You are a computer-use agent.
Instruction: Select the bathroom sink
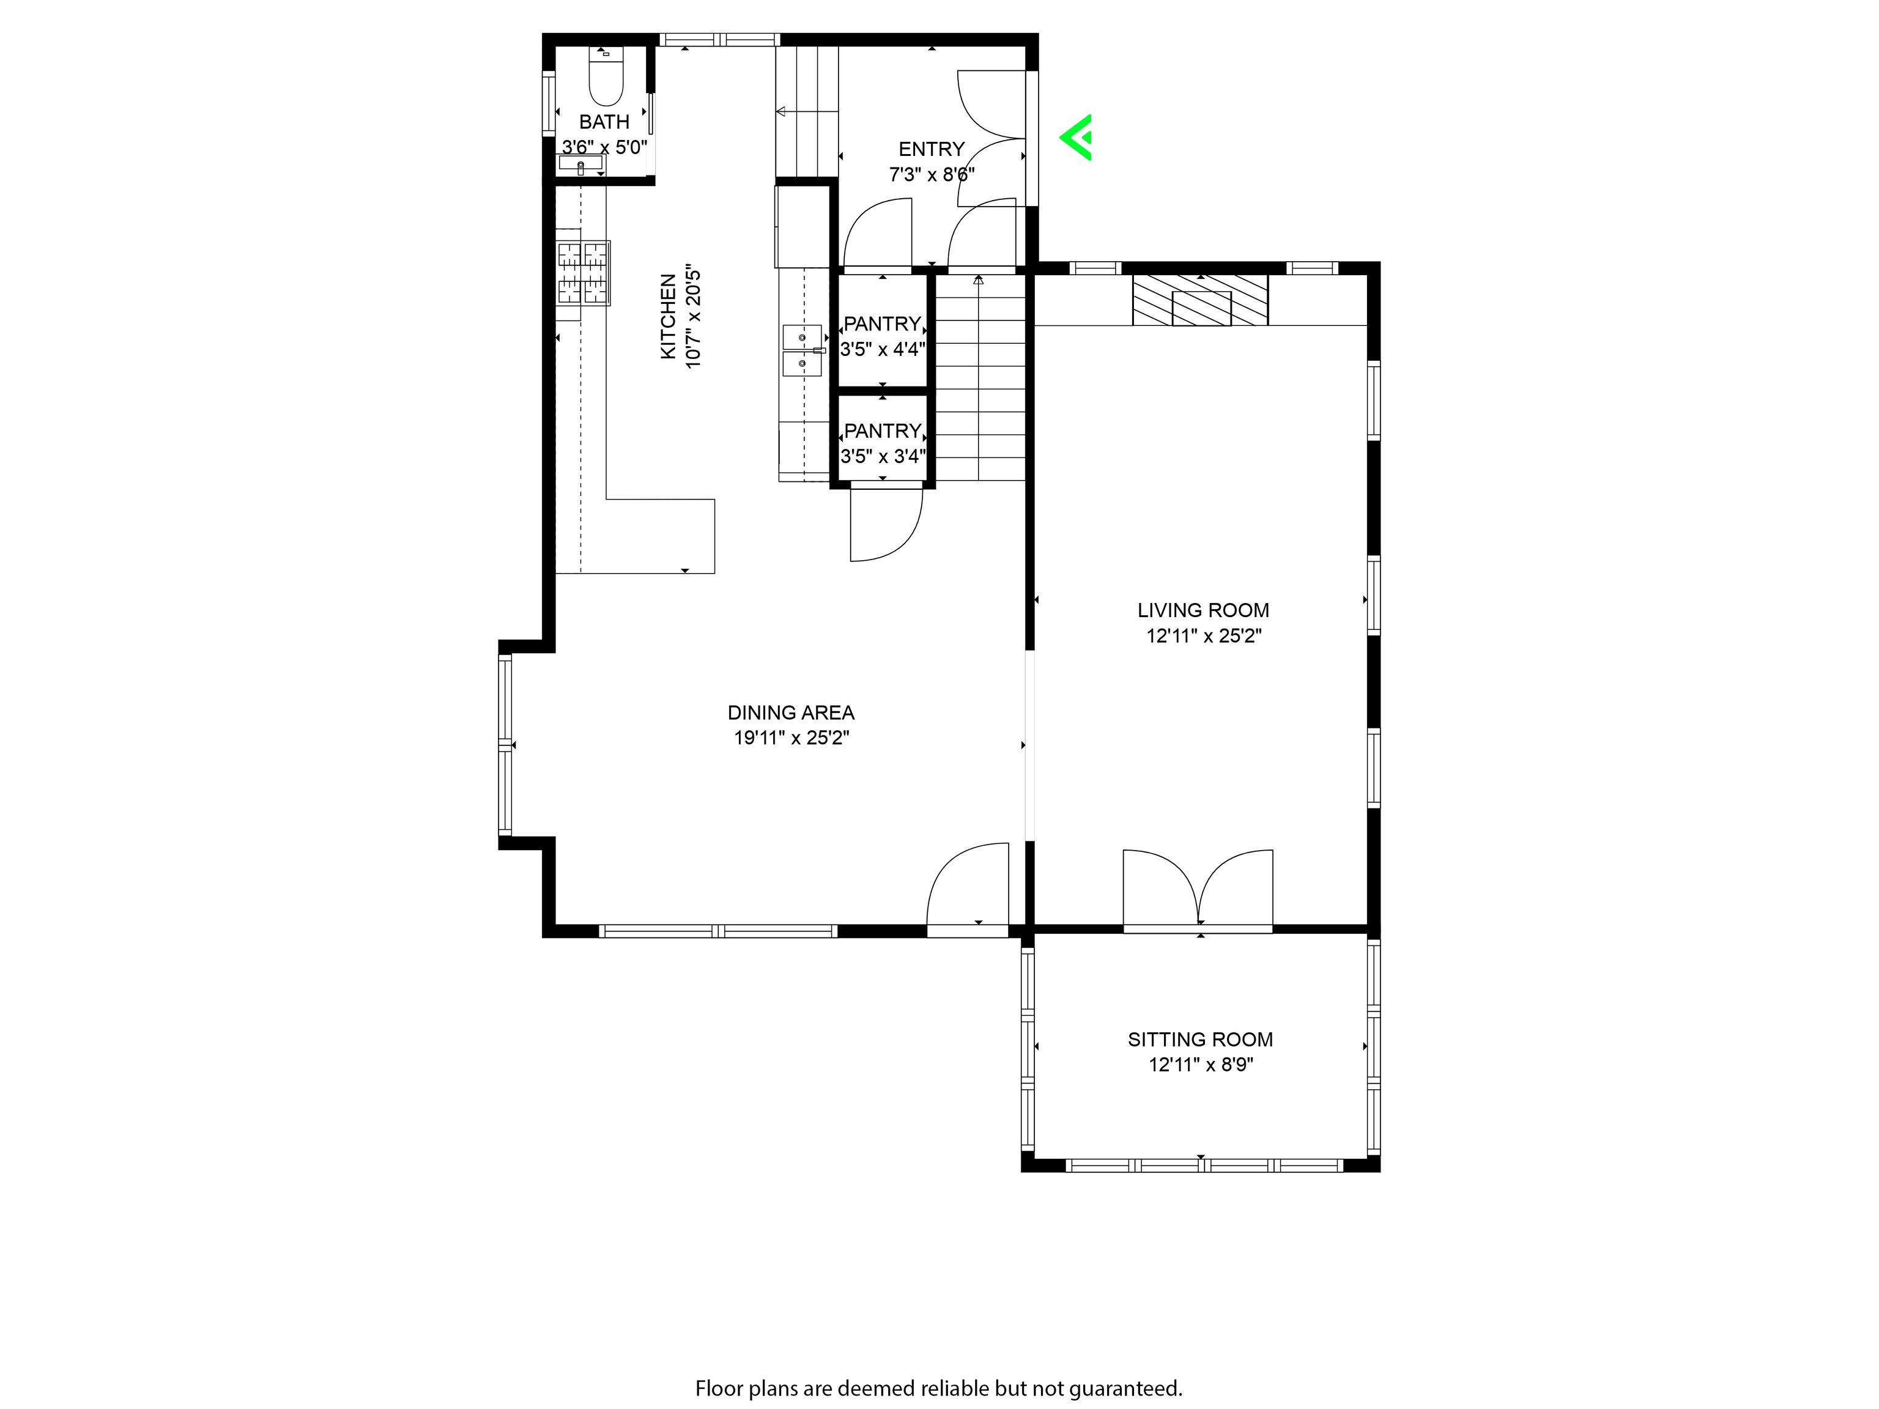(581, 164)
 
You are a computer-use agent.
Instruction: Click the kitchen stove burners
(584, 273)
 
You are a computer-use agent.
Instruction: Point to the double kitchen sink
(802, 350)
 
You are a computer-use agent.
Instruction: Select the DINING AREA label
(791, 712)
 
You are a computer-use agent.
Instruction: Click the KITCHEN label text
(669, 316)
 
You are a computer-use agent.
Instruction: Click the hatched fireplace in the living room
(1200, 299)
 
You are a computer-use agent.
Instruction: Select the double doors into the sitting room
(1198, 889)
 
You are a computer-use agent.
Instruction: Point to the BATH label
(604, 122)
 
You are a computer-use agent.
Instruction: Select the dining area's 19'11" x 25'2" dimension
(791, 737)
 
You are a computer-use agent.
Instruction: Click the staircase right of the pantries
(980, 377)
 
